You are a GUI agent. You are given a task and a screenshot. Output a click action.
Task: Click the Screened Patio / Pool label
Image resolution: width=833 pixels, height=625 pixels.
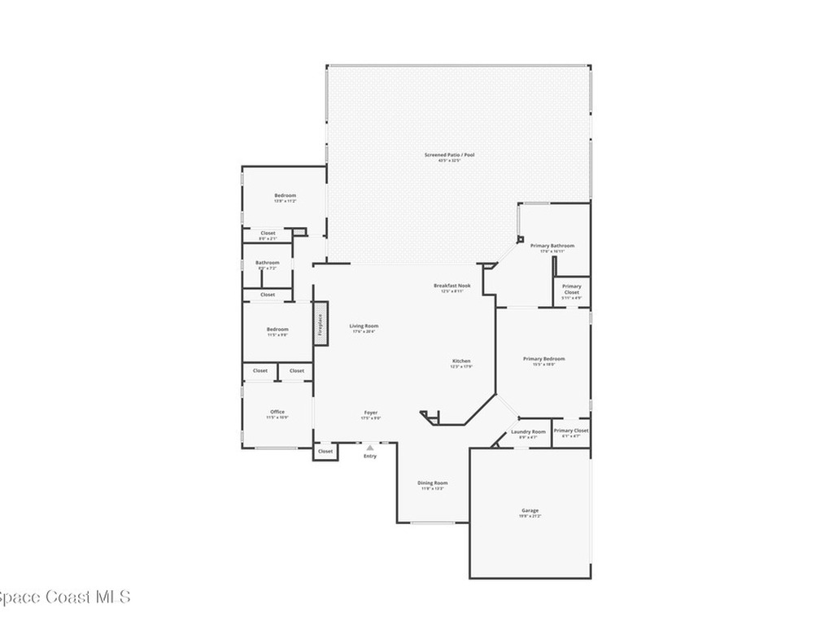[x=449, y=155]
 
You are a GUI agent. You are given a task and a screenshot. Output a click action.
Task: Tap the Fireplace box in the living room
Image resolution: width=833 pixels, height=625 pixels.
[x=321, y=325]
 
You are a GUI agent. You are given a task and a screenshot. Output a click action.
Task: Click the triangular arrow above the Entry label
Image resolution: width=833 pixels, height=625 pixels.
[x=370, y=448]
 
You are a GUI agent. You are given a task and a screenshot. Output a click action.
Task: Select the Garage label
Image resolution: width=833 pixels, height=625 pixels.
[x=530, y=511]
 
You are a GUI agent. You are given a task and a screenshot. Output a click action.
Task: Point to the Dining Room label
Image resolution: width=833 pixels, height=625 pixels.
[x=434, y=483]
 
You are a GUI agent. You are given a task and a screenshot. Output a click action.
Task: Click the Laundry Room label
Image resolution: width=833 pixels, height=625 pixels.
[x=528, y=432]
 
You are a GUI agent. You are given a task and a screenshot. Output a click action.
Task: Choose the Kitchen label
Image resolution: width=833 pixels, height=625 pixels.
[x=461, y=361]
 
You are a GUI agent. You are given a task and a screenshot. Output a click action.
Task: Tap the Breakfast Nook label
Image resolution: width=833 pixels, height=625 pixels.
[x=451, y=286]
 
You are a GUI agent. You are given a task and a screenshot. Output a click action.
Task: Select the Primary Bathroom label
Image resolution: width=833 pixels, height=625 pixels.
[x=552, y=246]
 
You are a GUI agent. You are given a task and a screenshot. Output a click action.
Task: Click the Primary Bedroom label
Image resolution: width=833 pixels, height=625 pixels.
[x=543, y=359]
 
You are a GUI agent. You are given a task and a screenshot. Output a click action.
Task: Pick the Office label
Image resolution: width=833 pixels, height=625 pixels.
[x=277, y=412]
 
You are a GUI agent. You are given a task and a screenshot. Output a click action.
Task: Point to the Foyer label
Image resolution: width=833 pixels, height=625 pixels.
[x=370, y=413]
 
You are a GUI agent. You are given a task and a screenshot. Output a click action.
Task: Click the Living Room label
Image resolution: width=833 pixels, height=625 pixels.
[x=364, y=326]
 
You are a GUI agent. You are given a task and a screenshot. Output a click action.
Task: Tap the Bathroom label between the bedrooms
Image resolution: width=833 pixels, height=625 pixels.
[x=268, y=263]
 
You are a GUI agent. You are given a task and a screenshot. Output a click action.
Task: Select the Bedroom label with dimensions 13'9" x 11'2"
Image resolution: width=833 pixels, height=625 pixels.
[x=285, y=195]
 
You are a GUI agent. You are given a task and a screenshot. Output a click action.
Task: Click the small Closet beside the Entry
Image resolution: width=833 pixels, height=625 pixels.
[x=325, y=451]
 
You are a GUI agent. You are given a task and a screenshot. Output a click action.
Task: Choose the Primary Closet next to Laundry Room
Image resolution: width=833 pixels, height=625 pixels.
[x=570, y=431]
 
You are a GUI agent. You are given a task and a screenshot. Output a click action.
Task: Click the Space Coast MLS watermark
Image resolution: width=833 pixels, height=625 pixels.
[x=63, y=597]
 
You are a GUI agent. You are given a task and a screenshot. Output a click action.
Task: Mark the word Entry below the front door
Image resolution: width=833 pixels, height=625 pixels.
[x=370, y=456]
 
